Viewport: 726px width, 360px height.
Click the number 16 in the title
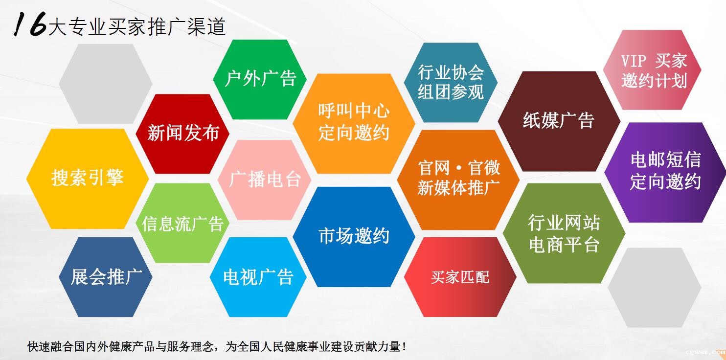click(x=30, y=24)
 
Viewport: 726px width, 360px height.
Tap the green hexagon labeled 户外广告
click(x=260, y=79)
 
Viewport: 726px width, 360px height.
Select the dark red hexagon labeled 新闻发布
click(x=182, y=134)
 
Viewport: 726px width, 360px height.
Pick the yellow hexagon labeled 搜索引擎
click(x=88, y=179)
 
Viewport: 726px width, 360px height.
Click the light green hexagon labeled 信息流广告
click(x=182, y=223)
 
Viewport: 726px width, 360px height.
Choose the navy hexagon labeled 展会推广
click(x=106, y=277)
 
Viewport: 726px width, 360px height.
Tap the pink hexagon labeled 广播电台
click(x=265, y=180)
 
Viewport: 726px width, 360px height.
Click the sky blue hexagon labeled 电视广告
click(x=258, y=277)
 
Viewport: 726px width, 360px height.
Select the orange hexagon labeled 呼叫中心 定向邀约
click(x=354, y=123)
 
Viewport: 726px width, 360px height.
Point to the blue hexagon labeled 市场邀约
click(x=354, y=237)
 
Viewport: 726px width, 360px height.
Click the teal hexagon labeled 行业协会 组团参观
click(x=451, y=82)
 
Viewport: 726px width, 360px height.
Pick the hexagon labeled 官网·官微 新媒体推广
click(x=458, y=180)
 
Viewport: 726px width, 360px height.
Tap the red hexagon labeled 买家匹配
click(x=460, y=277)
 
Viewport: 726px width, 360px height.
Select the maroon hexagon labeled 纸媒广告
click(x=559, y=121)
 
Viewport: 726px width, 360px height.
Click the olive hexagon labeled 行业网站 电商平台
click(x=564, y=233)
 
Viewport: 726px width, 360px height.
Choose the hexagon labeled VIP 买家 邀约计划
click(x=652, y=70)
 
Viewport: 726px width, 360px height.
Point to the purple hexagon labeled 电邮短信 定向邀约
click(x=665, y=172)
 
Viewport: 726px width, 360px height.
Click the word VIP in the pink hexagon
click(x=634, y=61)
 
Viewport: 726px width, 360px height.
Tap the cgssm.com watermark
click(x=705, y=352)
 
